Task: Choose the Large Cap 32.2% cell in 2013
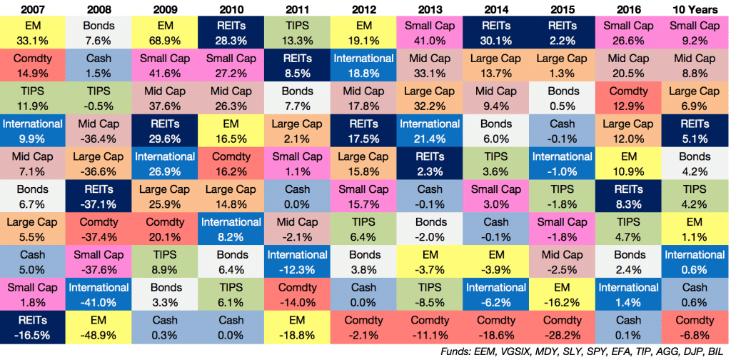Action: pos(430,97)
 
